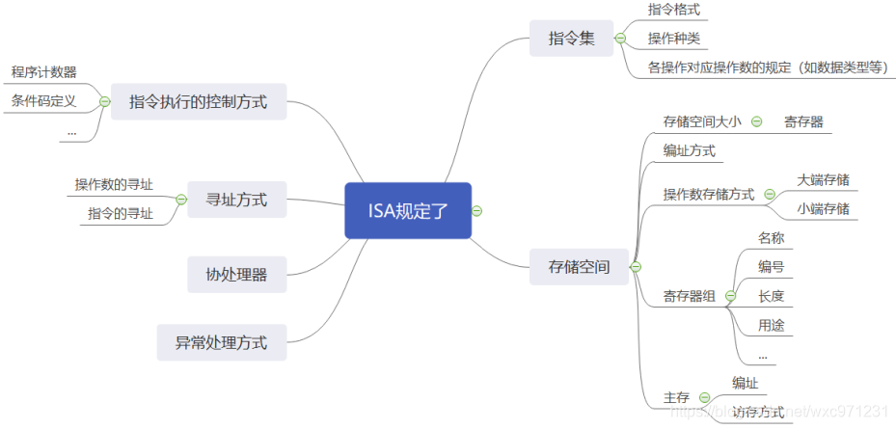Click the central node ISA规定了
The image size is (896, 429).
tap(407, 210)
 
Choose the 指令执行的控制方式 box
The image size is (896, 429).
tap(198, 100)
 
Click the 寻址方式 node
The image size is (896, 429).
tap(236, 201)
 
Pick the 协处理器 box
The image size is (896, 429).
tap(236, 275)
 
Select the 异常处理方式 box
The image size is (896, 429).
tap(221, 342)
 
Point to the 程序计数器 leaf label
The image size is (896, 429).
tap(44, 72)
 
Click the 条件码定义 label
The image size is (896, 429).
tap(44, 100)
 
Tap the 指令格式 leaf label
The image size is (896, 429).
tap(674, 10)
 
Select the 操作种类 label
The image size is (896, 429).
tap(674, 39)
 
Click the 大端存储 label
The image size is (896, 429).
tap(823, 180)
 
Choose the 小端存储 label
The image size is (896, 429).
tap(823, 208)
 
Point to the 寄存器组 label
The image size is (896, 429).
tap(690, 296)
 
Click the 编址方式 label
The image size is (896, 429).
tap(690, 150)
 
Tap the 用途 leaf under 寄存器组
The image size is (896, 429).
tap(771, 326)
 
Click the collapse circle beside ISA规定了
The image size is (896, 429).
tap(477, 211)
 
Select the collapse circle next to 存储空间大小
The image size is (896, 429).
tap(756, 121)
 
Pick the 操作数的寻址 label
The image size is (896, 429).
tap(114, 185)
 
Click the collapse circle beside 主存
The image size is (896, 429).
tap(704, 397)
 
